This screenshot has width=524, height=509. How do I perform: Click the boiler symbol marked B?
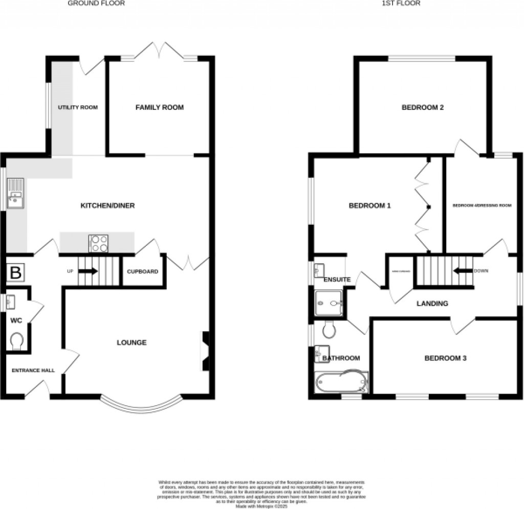pos(15,273)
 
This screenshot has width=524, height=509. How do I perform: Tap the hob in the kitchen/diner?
pos(98,243)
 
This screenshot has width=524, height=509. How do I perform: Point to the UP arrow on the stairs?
pos(88,271)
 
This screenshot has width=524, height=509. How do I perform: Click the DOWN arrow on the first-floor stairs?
pos(463,271)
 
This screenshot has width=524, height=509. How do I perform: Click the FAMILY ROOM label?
pos(159,107)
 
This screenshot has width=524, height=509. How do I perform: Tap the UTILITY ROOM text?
pos(77,107)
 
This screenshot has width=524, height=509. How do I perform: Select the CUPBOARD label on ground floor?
pos(142,271)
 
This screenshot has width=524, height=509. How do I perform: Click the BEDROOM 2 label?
pos(422,107)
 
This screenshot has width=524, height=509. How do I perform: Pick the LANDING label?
pos(432,304)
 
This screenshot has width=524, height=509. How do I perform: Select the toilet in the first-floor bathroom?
pos(329,330)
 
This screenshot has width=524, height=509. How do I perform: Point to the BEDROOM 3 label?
pos(445,358)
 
